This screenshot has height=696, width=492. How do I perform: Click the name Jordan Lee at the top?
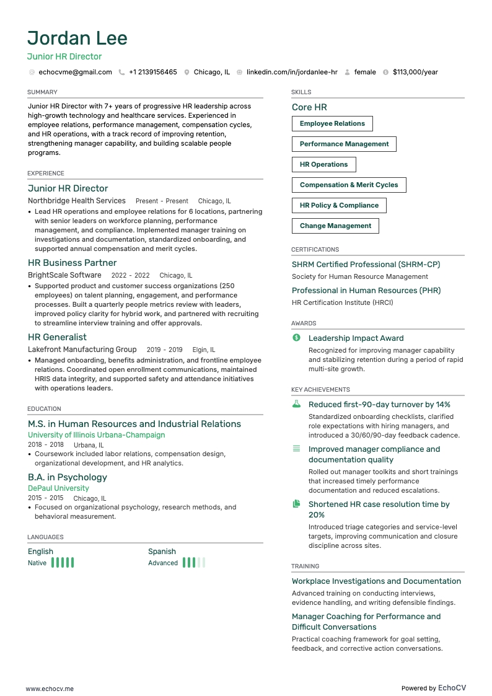(x=77, y=38)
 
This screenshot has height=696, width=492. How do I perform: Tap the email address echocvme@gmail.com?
(x=75, y=72)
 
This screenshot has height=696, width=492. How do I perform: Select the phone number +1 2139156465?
(x=152, y=72)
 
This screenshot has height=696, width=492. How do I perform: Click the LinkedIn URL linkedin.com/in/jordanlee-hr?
(x=292, y=72)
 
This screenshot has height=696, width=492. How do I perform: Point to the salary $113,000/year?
(x=415, y=72)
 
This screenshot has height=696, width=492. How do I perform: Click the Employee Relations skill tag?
(x=332, y=124)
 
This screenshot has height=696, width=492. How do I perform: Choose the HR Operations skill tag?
(x=323, y=165)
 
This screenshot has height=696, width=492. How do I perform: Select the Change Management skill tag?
(x=335, y=226)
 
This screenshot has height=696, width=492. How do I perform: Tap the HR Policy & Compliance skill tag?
(x=339, y=206)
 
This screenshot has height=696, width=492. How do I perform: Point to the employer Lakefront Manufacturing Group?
(x=82, y=350)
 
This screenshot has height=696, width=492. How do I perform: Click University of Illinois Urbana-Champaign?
(x=97, y=435)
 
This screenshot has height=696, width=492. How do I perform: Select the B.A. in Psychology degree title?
(x=68, y=477)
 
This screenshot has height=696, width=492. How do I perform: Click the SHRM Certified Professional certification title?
(x=366, y=265)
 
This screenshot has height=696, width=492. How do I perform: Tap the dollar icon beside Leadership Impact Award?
(x=296, y=338)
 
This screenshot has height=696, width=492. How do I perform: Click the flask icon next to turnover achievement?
(x=296, y=404)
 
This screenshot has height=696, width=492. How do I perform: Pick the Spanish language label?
(x=162, y=552)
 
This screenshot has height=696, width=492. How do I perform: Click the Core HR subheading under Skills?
(x=309, y=107)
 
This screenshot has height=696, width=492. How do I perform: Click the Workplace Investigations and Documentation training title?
(x=377, y=581)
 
